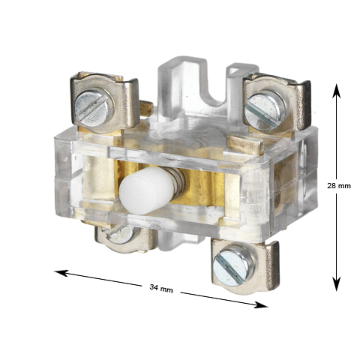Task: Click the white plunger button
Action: [146, 190]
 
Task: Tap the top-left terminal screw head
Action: [94, 108]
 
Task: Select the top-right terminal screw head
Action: [265, 111]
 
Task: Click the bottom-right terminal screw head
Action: [234, 265]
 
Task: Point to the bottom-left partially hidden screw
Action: [119, 234]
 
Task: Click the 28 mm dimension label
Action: [339, 186]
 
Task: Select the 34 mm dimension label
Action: [161, 288]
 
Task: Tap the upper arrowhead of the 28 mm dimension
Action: [337, 91]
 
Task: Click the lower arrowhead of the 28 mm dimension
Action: [337, 283]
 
